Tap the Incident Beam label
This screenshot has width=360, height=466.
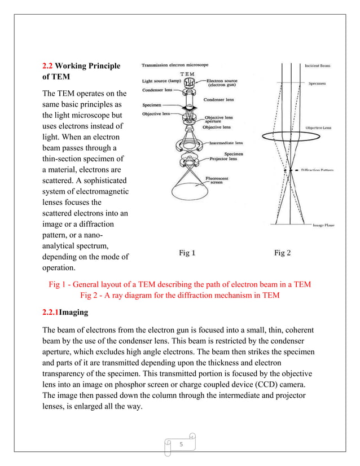point(318,65)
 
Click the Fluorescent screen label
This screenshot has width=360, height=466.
point(217,181)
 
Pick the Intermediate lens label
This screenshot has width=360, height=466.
point(226,143)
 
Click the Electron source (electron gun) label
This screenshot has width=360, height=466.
point(223,83)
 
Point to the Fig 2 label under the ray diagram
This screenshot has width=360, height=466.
point(282,253)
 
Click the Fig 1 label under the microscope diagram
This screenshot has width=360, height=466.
point(187,253)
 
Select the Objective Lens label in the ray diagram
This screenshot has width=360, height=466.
point(318,128)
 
